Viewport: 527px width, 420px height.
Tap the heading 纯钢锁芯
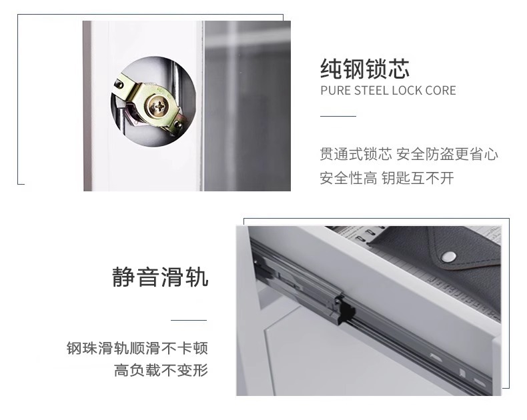tap(365, 69)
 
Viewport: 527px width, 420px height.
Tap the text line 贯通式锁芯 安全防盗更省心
tap(409, 154)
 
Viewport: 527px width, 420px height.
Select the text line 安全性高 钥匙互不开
tap(387, 178)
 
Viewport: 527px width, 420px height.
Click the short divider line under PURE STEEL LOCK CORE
tap(338, 116)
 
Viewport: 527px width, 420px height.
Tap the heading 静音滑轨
tap(160, 277)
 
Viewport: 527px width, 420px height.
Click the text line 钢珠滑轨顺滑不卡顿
tap(137, 348)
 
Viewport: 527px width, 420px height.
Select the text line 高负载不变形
tap(161, 370)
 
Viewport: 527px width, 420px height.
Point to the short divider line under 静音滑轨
tap(189, 320)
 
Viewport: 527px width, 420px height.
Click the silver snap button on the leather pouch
tap(448, 257)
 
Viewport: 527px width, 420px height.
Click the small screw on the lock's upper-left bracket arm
tap(119, 85)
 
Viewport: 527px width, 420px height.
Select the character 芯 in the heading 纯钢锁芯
tap(399, 69)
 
